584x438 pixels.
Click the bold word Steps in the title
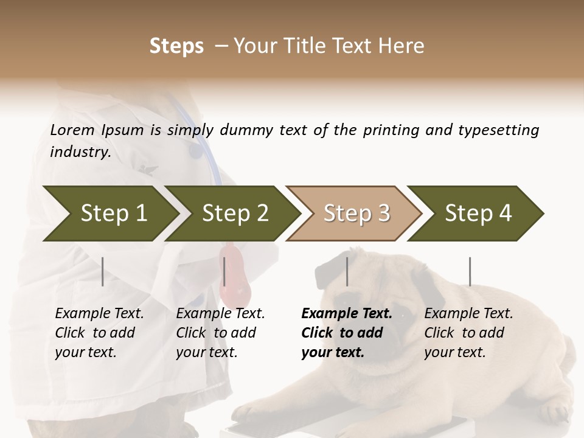pyautogui.click(x=176, y=46)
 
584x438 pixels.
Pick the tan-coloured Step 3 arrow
pyautogui.click(x=356, y=213)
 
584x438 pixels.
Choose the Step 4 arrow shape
pyautogui.click(x=478, y=213)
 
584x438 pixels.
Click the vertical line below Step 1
pyautogui.click(x=103, y=271)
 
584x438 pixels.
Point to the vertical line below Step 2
pyautogui.click(x=224, y=271)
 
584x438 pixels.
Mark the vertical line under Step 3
pyautogui.click(x=347, y=271)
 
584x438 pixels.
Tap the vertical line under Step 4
pyautogui.click(x=470, y=271)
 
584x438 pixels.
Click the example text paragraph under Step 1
pyautogui.click(x=99, y=333)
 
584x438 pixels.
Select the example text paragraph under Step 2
pyautogui.click(x=220, y=333)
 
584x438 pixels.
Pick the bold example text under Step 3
pyautogui.click(x=347, y=333)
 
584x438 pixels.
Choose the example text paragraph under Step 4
pyautogui.click(x=468, y=333)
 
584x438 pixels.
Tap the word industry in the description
pyautogui.click(x=80, y=151)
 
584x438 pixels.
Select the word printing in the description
pyautogui.click(x=391, y=130)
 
